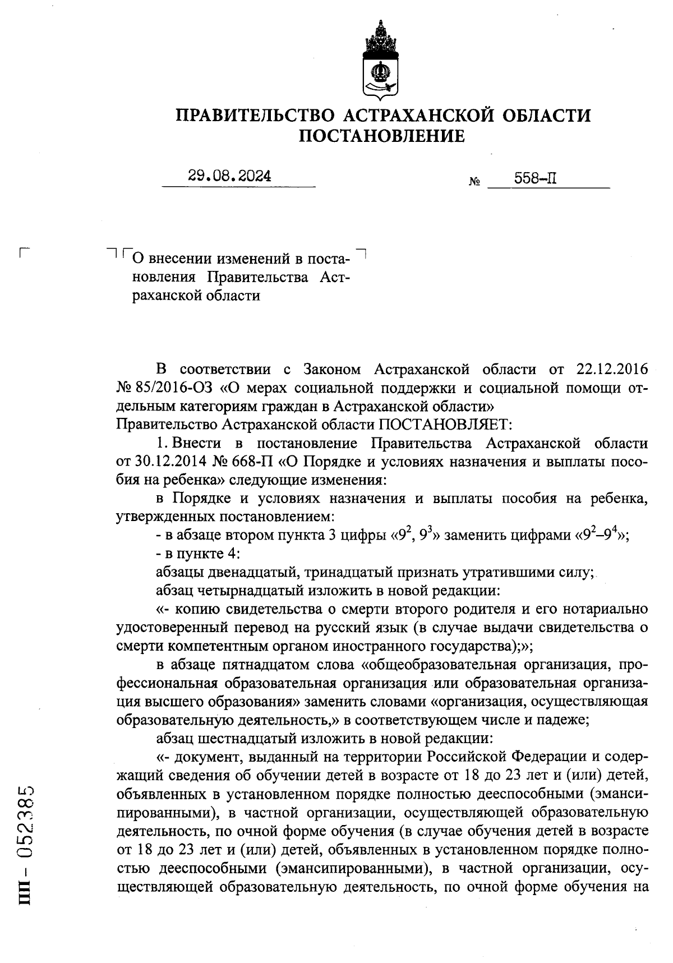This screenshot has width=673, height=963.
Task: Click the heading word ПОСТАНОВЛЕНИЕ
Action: (382, 136)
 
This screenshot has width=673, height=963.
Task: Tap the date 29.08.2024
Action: (229, 176)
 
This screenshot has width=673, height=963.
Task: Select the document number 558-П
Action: (536, 179)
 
